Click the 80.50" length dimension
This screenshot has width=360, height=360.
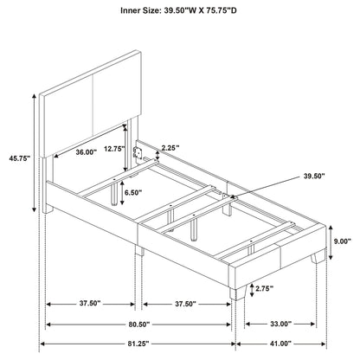tap(138, 325)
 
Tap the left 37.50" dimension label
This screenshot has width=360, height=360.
tap(89, 304)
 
